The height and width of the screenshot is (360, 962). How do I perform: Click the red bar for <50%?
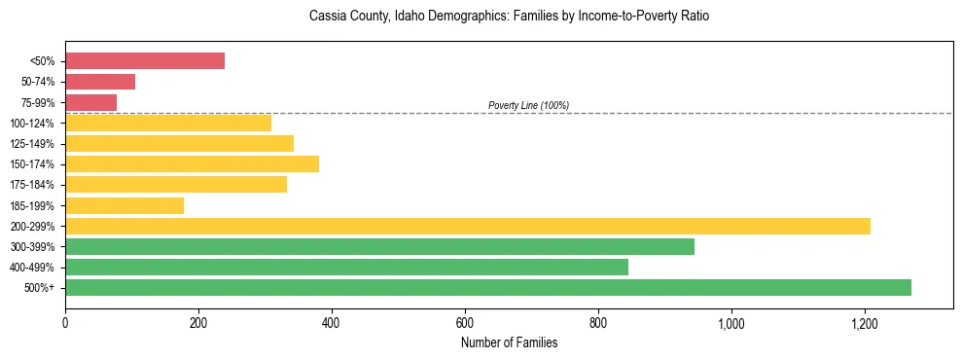(145, 61)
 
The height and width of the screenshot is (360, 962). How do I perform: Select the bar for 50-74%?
(100, 82)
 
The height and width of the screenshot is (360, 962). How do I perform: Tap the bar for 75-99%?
(90, 102)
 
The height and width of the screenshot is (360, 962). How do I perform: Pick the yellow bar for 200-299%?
(467, 226)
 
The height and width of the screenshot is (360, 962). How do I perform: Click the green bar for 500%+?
(487, 287)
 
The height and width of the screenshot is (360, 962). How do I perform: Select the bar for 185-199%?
(125, 205)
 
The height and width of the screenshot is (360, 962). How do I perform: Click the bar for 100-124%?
(168, 123)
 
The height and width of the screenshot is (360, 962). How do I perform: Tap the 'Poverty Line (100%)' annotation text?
(528, 105)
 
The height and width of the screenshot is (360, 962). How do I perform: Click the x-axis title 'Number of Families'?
(509, 342)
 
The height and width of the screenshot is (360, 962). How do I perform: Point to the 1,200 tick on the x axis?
(865, 323)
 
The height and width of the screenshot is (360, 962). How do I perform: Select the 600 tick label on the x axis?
(465, 323)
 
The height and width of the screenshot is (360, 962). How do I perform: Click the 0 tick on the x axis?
(65, 323)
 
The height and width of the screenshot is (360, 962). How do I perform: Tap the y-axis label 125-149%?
(33, 144)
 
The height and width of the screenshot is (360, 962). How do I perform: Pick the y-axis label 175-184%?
(33, 185)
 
